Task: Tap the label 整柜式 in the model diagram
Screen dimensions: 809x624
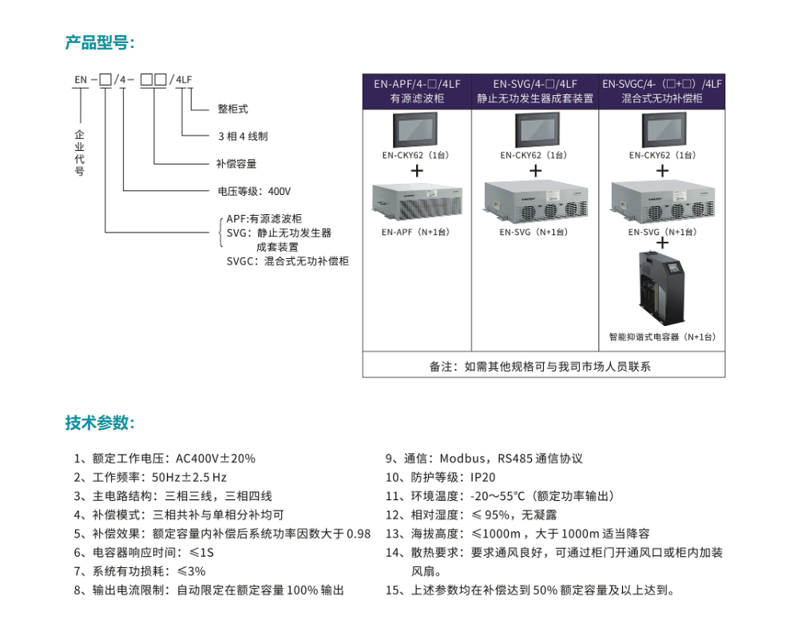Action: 232,109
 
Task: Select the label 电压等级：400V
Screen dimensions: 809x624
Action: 254,192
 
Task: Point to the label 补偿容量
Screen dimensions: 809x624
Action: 236,164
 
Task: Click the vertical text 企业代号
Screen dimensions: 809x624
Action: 79,153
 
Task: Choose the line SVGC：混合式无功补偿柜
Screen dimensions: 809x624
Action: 288,261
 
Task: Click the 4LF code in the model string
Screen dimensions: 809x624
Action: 184,79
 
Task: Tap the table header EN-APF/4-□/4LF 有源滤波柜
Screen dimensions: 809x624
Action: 417,91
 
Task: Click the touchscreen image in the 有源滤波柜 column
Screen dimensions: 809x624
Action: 414,130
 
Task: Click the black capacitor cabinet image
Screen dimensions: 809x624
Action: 662,288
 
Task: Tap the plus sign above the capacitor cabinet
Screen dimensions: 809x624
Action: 663,243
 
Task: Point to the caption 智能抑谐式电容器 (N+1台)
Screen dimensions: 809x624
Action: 663,337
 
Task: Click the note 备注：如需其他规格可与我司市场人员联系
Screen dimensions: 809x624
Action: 540,367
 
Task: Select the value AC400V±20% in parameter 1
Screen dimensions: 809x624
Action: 216,459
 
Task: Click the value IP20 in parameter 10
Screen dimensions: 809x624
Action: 482,478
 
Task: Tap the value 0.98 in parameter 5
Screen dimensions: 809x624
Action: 358,534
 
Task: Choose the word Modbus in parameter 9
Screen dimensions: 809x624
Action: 462,459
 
